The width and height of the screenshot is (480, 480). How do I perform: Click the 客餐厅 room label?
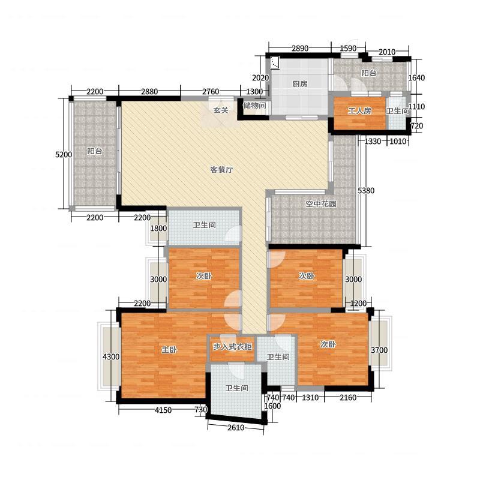(221, 169)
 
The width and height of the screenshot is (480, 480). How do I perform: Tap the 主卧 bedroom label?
(169, 349)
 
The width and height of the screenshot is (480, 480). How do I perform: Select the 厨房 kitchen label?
(299, 83)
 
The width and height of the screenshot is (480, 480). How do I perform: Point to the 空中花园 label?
(321, 203)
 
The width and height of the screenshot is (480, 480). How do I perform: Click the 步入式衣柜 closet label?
(232, 347)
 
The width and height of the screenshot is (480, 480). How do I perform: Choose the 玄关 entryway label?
(221, 110)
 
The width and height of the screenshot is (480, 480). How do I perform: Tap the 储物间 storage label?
(254, 106)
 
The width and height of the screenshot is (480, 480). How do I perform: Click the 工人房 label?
(359, 110)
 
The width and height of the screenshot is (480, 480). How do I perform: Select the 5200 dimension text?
(64, 155)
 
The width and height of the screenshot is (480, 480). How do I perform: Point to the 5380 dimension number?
(366, 190)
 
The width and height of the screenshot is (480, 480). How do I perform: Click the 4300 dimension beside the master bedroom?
(111, 356)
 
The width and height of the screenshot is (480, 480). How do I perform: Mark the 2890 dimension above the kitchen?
(299, 49)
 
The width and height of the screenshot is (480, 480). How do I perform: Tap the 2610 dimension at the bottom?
(236, 427)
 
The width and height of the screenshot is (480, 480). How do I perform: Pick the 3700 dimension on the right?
(379, 350)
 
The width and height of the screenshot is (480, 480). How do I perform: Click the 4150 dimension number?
(163, 410)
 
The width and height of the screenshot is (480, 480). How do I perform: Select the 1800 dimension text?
(158, 229)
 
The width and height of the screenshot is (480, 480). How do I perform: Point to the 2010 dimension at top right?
(387, 52)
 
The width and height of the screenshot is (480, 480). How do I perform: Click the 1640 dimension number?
(416, 78)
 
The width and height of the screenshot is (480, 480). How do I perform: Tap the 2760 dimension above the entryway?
(211, 92)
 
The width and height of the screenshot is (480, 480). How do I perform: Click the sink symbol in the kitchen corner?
(275, 63)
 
